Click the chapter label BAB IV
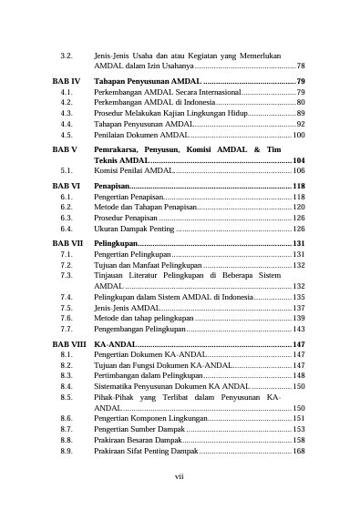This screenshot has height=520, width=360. pyautogui.click(x=67, y=81)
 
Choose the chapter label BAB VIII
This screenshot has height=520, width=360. pyautogui.click(x=69, y=343)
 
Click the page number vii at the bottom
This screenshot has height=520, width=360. pyautogui.click(x=180, y=500)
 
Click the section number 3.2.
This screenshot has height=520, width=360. pyautogui.click(x=67, y=55)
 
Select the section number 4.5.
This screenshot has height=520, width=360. pyautogui.click(x=67, y=134)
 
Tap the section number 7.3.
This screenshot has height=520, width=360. pyautogui.click(x=67, y=274)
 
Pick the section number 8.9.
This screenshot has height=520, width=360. pyautogui.click(x=67, y=451)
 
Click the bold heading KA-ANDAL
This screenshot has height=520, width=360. pyautogui.click(x=115, y=343)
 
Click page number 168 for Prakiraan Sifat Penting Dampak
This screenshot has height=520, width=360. pyautogui.click(x=298, y=451)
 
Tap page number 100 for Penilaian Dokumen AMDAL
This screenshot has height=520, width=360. pyautogui.click(x=298, y=134)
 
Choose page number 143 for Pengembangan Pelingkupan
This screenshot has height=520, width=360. pyautogui.click(x=298, y=328)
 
